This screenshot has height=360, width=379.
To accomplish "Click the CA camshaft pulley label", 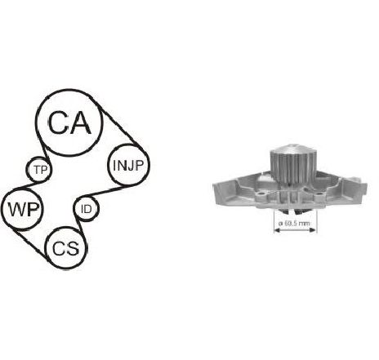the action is [x=69, y=122].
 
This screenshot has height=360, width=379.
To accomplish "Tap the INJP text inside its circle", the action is [x=127, y=166].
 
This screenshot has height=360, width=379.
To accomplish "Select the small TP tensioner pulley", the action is [x=40, y=170].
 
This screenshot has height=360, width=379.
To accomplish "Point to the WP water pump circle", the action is [x=23, y=209].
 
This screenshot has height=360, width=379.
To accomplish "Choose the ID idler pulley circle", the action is [x=87, y=209].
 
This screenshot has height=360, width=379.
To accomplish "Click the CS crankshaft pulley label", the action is [x=66, y=249].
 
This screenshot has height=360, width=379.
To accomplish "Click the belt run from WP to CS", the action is [x=30, y=243].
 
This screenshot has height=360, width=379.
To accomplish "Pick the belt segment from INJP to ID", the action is [x=104, y=191].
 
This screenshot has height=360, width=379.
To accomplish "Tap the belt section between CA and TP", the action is [x=42, y=149].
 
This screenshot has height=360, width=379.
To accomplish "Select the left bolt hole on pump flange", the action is [x=262, y=194].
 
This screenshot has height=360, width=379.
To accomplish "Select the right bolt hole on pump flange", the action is [x=319, y=194].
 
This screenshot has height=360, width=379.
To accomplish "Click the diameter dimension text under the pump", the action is [x=294, y=224].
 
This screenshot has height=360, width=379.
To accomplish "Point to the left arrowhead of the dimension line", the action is [x=277, y=230].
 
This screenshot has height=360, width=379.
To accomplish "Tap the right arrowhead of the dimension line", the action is [x=313, y=230].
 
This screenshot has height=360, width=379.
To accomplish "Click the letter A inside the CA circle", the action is [x=80, y=122].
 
